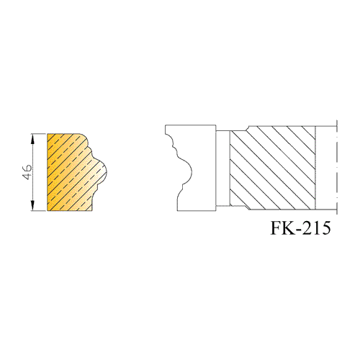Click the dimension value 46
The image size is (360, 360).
(27, 172)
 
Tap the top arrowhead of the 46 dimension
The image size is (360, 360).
(33, 139)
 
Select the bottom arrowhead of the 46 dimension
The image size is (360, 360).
(33, 206)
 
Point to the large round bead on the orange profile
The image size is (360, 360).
(103, 171)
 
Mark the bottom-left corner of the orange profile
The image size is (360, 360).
(48, 211)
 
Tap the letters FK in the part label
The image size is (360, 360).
(282, 228)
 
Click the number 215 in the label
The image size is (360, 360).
(318, 228)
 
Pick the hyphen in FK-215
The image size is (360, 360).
(299, 230)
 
